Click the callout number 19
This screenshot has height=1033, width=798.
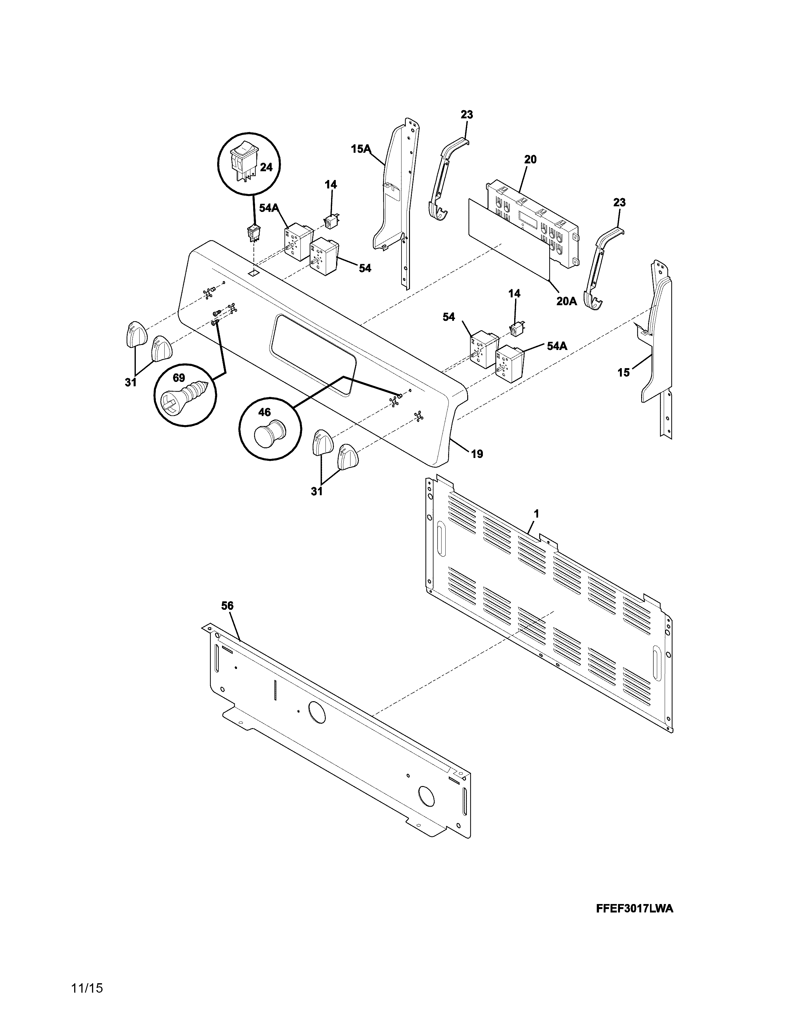(477, 454)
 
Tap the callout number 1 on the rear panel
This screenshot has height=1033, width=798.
(536, 513)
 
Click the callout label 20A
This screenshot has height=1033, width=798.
(566, 301)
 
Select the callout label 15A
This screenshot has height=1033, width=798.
(360, 149)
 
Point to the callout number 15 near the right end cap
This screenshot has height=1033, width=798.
(623, 373)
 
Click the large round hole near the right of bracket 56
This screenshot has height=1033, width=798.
(426, 797)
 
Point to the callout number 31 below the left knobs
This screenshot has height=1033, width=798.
(130, 382)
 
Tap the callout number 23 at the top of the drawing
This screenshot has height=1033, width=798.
(466, 115)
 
